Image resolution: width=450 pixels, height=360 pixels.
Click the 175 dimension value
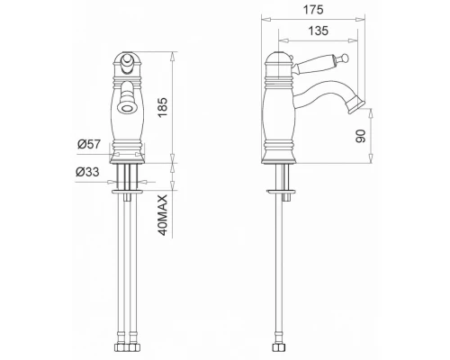[x=313, y=10]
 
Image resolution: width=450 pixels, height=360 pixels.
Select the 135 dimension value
[x=319, y=31]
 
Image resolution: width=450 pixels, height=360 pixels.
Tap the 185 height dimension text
[x=162, y=107]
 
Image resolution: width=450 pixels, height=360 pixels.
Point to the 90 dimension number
[x=361, y=136]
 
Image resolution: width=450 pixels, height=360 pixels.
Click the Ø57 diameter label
[x=89, y=144]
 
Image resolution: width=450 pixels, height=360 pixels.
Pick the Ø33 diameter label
[x=87, y=172]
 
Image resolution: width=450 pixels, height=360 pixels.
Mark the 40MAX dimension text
[x=162, y=215]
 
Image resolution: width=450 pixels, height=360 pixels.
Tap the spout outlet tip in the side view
[x=356, y=105]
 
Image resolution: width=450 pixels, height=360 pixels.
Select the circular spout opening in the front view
[x=126, y=107]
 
